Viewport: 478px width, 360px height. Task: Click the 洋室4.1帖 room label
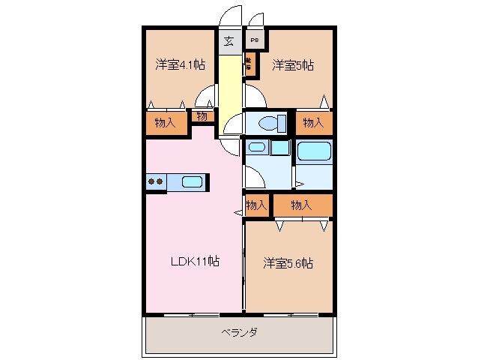pos(180,64)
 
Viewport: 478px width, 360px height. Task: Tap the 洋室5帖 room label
pos(292,64)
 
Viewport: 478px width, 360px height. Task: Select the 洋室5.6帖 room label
pos(288,263)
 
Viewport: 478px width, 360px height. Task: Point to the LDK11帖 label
pos(193,262)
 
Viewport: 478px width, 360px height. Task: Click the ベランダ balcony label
pos(239,332)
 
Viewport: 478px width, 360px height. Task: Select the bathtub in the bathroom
pos(315,151)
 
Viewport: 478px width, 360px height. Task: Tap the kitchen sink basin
pos(192,181)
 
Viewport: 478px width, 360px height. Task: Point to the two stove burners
pos(156,181)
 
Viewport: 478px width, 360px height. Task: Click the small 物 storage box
pos(202,116)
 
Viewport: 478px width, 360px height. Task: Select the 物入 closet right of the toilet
pos(313,123)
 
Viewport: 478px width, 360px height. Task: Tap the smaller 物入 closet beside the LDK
pos(256,205)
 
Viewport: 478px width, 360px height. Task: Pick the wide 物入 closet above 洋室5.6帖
pos(301,205)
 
